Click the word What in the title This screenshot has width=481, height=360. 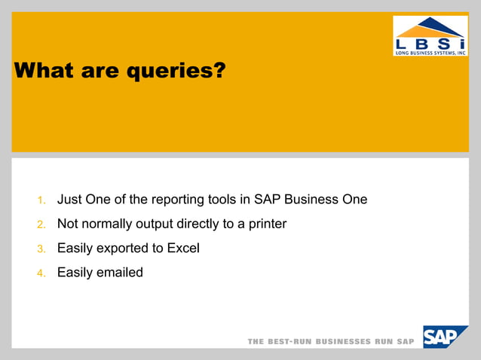click(x=42, y=71)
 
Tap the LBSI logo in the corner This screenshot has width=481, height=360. click(x=430, y=35)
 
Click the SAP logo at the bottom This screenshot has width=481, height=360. click(x=445, y=337)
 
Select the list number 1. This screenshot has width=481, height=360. click(x=42, y=200)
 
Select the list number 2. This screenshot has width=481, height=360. click(x=42, y=224)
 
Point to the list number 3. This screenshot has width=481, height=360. click(x=42, y=249)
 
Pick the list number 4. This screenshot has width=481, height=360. click(x=42, y=273)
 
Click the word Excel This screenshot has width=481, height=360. click(x=183, y=248)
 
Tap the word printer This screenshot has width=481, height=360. click(x=266, y=224)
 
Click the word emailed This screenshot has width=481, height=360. click(x=119, y=272)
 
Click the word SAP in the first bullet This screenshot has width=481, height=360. click(x=267, y=200)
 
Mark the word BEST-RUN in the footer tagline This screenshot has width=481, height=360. click(x=290, y=341)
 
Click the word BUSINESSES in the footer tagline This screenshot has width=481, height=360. click(x=344, y=341)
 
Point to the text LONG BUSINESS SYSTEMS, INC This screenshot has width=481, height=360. click(x=430, y=52)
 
